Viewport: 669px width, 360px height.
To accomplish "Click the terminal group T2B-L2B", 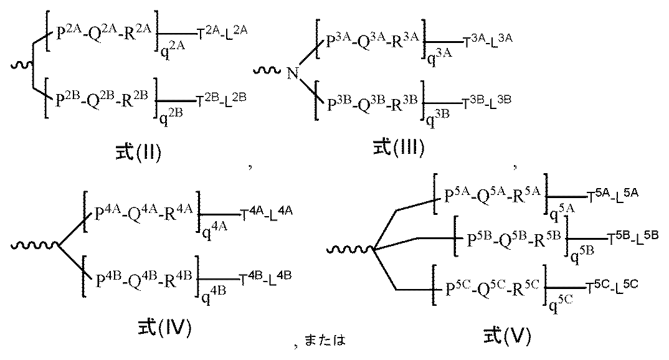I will (x=223, y=98).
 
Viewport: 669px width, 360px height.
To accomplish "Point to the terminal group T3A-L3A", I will (x=490, y=42).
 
